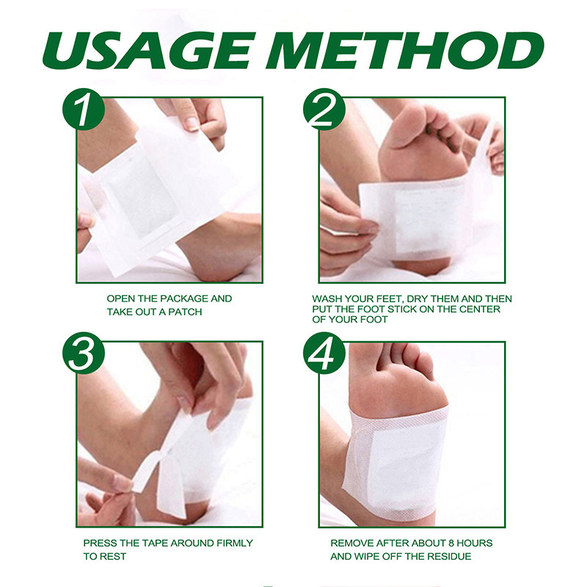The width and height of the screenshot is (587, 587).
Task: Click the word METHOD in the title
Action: [409, 51]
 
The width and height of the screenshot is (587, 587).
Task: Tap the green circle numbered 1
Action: [83, 109]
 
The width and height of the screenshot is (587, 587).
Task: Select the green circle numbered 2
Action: [324, 109]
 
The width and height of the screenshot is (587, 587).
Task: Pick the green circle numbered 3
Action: [83, 353]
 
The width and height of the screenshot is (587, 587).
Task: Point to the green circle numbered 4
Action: [324, 353]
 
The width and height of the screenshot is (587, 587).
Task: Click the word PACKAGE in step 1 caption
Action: [184, 299]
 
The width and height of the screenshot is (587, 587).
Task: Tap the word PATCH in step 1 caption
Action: [185, 312]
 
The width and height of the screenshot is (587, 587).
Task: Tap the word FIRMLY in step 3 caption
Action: [234, 543]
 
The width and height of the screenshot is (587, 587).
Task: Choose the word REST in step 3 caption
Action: [112, 557]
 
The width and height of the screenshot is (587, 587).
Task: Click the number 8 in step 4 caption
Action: [450, 543]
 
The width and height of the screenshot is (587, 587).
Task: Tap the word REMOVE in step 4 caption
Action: [352, 543]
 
